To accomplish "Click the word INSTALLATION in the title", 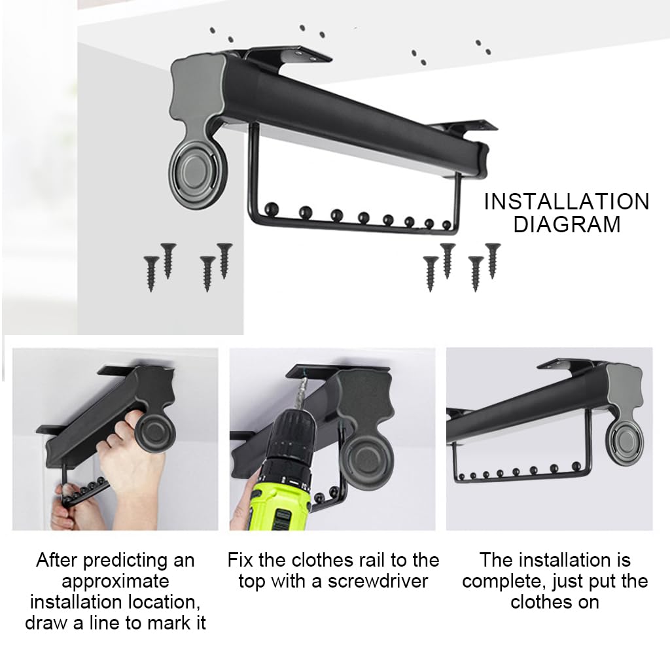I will (567, 202).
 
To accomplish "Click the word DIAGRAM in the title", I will (567, 224).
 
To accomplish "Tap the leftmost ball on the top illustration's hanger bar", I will (272, 209).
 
